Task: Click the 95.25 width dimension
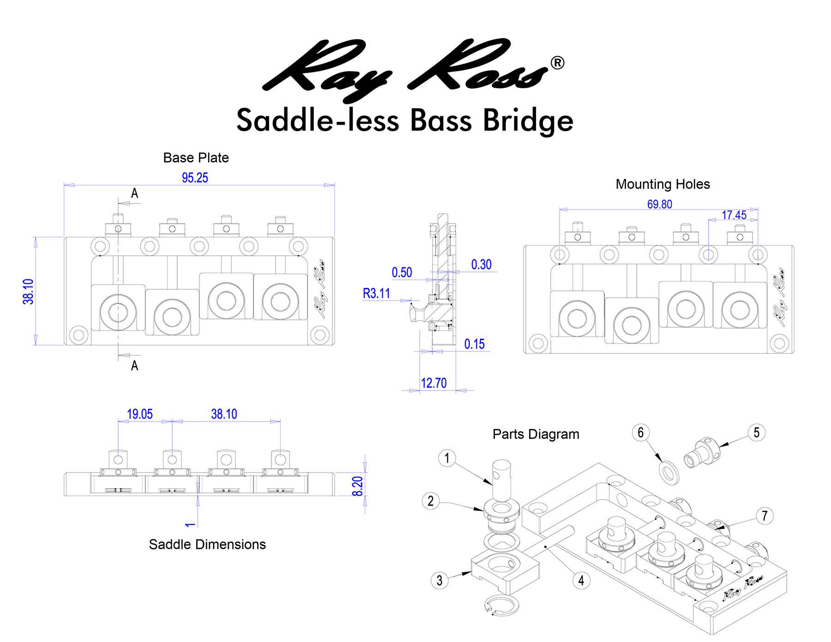[195, 178]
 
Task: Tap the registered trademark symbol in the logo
[557, 63]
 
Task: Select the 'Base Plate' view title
[196, 158]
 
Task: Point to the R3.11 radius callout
[376, 294]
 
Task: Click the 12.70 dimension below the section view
[434, 383]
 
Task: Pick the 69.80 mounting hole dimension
[659, 204]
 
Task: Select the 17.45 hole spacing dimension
[734, 215]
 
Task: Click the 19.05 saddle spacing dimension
[139, 414]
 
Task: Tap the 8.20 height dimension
[358, 486]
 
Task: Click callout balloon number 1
[446, 458]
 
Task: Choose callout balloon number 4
[581, 580]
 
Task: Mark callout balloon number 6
[640, 432]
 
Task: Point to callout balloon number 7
[765, 516]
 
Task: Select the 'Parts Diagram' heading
[536, 434]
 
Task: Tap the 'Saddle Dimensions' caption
[207, 545]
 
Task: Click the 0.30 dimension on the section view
[481, 264]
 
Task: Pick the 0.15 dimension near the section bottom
[474, 344]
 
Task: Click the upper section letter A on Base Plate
[134, 193]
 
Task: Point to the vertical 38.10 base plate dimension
[29, 291]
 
